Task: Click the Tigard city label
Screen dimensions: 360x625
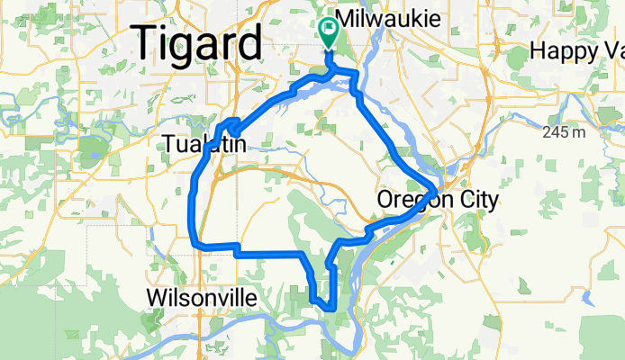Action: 198,43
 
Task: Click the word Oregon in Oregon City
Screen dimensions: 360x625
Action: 410,200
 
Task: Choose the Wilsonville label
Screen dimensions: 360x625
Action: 201,298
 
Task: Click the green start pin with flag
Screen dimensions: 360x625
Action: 328,30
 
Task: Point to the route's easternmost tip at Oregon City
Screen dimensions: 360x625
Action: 437,191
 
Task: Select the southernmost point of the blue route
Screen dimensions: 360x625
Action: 332,309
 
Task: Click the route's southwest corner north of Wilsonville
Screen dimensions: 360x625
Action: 193,241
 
